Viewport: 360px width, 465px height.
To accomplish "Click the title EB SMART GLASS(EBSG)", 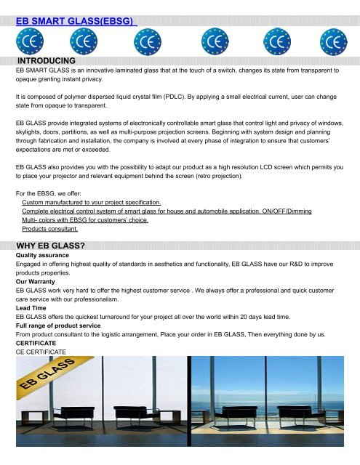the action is pos(77,23).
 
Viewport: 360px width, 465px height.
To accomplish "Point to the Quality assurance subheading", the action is pos(45,256).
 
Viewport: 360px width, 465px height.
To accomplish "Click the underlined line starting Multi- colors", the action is pos(84,219).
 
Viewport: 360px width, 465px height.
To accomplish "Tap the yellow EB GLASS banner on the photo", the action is pos(47,379).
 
